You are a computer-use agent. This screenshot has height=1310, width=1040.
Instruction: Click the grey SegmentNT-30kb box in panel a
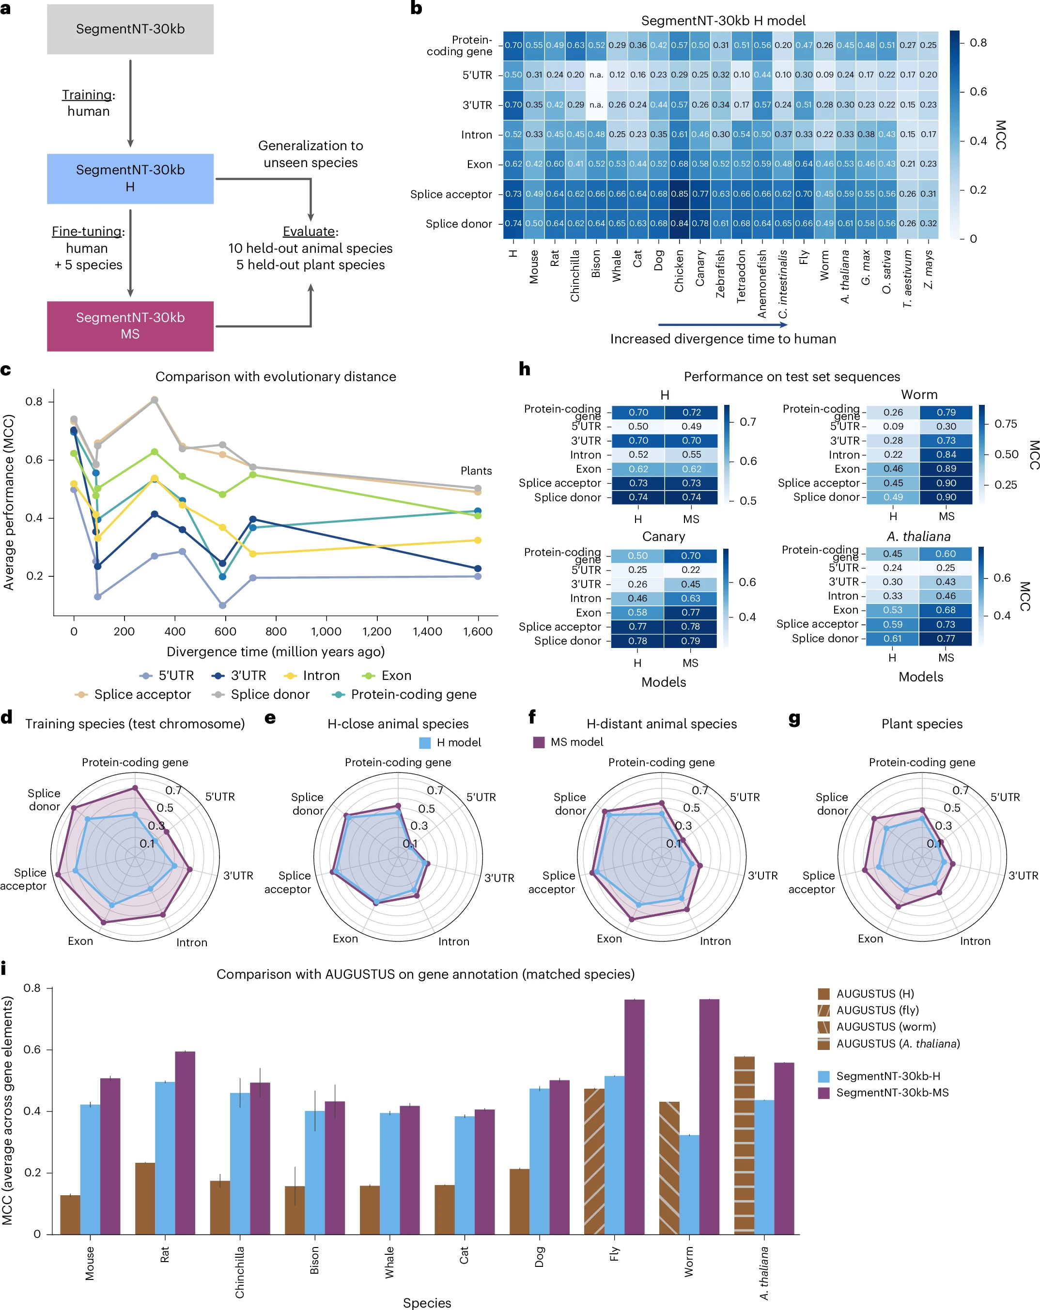point(130,29)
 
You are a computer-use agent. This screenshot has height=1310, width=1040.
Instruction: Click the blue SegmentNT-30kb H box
point(130,178)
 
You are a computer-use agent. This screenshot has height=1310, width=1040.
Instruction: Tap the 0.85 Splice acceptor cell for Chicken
point(679,194)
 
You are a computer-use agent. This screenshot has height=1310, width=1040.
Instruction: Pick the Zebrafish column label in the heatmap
point(721,274)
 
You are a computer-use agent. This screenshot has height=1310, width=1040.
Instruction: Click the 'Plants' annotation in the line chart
point(476,471)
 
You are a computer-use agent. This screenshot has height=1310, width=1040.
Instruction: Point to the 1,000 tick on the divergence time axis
point(326,632)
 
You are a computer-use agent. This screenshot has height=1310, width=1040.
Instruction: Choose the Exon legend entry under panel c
point(387,676)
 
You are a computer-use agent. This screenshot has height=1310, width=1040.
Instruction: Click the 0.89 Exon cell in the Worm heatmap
point(946,468)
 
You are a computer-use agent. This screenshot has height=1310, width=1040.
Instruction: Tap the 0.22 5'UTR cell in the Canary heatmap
point(690,570)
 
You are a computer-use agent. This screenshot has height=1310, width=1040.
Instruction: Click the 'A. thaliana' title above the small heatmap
point(918,537)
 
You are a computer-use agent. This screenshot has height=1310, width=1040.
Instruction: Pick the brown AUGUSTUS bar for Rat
point(145,1198)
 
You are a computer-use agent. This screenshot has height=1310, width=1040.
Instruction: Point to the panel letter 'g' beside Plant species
point(794,719)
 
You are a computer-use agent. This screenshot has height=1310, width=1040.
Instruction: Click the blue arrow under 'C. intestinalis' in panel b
point(722,325)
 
